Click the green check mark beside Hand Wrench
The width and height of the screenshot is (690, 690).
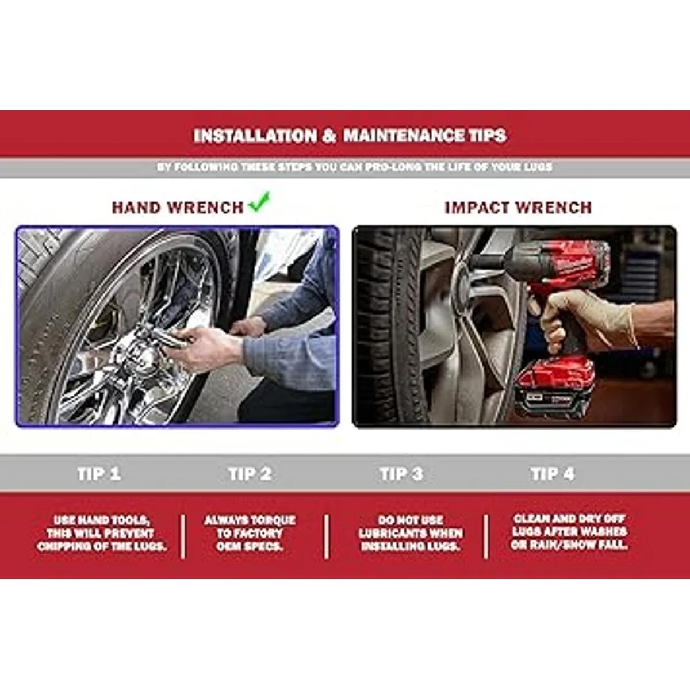[259, 202]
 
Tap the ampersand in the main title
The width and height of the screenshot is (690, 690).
[328, 136]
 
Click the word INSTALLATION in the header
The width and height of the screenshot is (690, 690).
[255, 136]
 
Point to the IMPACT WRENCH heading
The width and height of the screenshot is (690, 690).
[517, 208]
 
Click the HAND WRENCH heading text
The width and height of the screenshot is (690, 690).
[178, 208]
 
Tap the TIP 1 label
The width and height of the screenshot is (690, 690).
[99, 474]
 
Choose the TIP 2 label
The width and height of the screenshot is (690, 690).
[250, 474]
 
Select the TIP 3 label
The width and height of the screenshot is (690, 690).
[401, 474]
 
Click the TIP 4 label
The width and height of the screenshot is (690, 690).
[553, 474]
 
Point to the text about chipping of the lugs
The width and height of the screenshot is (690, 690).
[102, 534]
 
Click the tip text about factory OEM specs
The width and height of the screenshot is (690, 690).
[250, 534]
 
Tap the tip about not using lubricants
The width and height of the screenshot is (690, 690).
[411, 534]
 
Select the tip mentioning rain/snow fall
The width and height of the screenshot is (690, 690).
[569, 532]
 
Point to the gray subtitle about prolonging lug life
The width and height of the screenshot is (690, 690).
[355, 167]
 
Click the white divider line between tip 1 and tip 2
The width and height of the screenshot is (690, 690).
[183, 536]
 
